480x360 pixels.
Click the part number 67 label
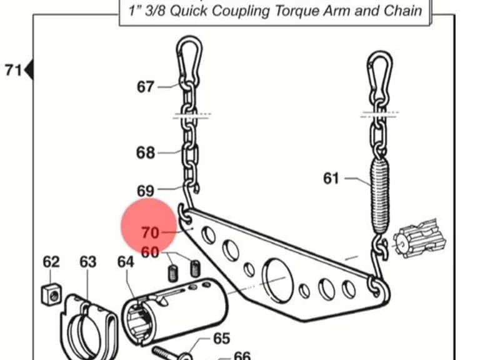pos(145,87)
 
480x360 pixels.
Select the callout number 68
pos(146,152)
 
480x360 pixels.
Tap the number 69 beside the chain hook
pos(146,191)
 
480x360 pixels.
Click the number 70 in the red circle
pos(150,232)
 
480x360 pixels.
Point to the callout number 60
pos(150,252)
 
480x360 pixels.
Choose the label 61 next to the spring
pos(331,178)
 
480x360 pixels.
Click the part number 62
pos(51,262)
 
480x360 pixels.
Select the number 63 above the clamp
pos(88,262)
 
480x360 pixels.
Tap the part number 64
pos(126,262)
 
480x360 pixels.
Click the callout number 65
pos(222,338)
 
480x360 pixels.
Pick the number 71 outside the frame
pos(13,70)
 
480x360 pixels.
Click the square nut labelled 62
pos(51,294)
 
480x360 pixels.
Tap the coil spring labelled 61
pos(379,196)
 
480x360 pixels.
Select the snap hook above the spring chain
pos(379,75)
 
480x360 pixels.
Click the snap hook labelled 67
pos(189,61)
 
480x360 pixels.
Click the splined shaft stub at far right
pos(419,238)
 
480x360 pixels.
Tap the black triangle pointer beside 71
pos(29,70)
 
